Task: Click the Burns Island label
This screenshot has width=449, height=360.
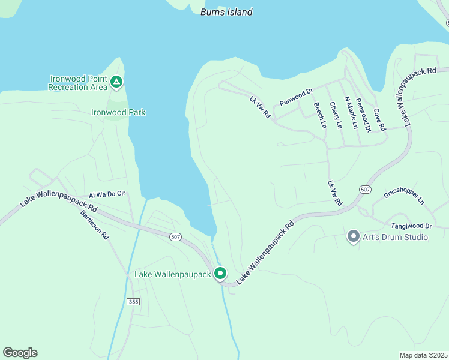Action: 226,12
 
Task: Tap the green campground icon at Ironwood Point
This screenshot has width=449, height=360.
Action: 116,82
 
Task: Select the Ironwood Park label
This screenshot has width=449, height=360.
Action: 118,112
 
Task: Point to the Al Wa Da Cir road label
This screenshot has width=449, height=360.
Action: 107,194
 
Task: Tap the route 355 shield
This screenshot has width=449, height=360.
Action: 133,301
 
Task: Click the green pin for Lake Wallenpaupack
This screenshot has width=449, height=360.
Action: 220,274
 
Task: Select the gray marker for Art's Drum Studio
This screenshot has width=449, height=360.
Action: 353,236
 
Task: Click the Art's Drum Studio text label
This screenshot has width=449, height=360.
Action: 396,237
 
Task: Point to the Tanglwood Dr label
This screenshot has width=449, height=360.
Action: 411,226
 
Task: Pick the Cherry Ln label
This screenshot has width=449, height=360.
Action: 336,115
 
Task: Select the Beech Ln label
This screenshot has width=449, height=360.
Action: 320,115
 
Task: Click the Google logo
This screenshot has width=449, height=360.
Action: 20,353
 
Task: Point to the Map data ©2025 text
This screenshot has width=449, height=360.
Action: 423,355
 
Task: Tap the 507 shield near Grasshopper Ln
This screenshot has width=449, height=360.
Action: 365,189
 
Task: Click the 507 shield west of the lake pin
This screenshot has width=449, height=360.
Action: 175,237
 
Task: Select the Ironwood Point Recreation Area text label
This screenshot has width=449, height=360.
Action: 77,83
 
